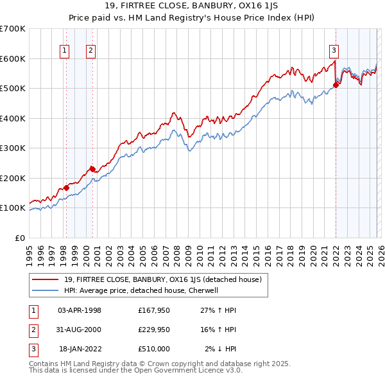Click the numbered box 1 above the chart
pos(65,49)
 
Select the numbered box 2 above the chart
pos(91,49)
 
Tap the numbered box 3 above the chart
pos(334,49)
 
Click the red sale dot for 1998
pos(66,188)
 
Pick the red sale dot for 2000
pos(92,169)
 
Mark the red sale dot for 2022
pos(336,85)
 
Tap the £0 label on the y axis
pos(20,238)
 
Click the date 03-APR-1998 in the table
pos(80,310)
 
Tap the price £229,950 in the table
pos(153,330)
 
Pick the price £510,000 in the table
pos(153,349)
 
